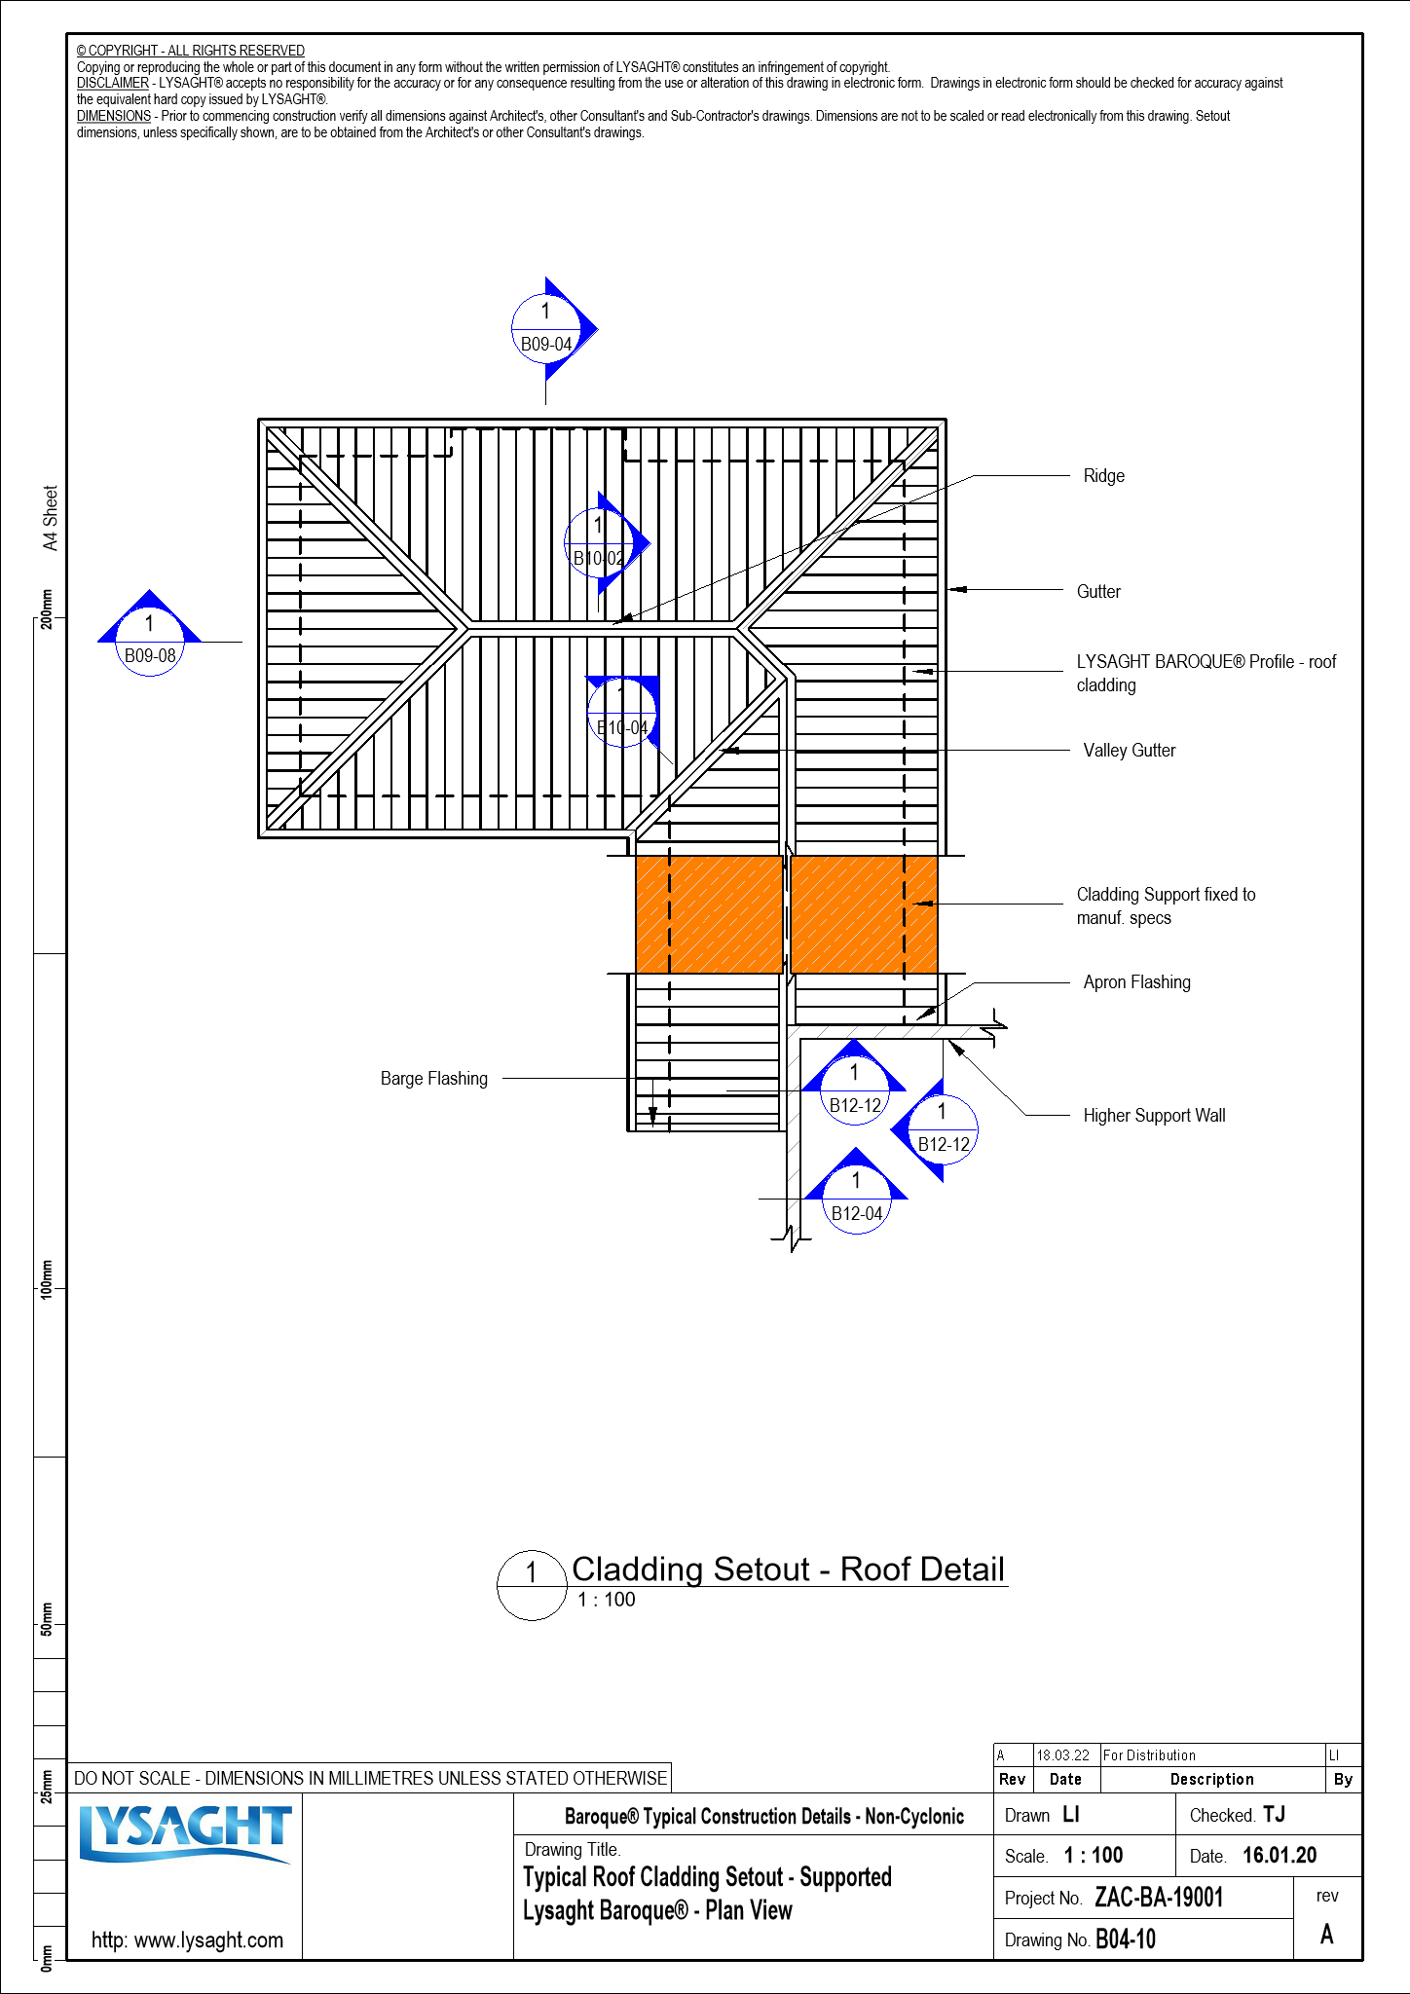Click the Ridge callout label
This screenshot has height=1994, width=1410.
click(x=1103, y=476)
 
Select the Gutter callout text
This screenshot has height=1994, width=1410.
click(x=1098, y=592)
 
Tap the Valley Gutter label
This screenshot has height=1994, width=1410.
click(x=1129, y=751)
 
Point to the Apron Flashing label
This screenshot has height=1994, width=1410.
click(x=1136, y=982)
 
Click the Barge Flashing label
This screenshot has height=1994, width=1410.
click(x=434, y=1079)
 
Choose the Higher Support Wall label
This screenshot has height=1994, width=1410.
click(x=1154, y=1116)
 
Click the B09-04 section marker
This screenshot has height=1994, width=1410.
click(x=545, y=329)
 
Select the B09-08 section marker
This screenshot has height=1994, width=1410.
click(x=150, y=641)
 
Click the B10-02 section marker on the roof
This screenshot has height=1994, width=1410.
click(x=599, y=542)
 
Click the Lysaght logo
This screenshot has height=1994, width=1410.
click(x=185, y=1834)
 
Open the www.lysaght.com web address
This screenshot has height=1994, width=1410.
click(x=187, y=1939)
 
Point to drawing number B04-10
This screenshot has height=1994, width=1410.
click(x=1126, y=1939)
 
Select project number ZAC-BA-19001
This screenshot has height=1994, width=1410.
click(x=1159, y=1898)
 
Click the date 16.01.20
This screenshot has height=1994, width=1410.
click(x=1280, y=1856)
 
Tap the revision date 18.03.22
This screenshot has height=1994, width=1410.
click(x=1063, y=1755)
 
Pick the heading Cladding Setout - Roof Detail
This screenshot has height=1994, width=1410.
click(x=788, y=1569)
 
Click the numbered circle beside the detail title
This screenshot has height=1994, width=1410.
click(x=532, y=1585)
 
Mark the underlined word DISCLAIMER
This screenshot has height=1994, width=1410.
click(x=113, y=84)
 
